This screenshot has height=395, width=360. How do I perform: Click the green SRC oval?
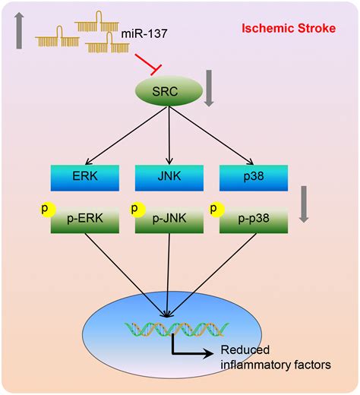(169, 91)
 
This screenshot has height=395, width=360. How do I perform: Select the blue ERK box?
(85, 178)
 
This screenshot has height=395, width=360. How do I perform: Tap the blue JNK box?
(169, 178)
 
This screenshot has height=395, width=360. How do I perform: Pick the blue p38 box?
(254, 178)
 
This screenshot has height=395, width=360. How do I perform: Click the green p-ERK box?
(85, 220)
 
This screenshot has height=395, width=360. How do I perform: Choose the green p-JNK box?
(169, 220)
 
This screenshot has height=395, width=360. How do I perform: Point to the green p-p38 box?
(254, 220)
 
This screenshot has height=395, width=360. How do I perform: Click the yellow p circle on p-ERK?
(48, 210)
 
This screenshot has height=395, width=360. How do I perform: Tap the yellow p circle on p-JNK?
(137, 210)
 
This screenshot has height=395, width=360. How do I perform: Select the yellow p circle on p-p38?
(217, 210)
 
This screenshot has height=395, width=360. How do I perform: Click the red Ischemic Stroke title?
(289, 28)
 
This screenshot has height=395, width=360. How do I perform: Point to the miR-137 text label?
(144, 33)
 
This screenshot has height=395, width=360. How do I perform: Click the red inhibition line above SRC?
(149, 65)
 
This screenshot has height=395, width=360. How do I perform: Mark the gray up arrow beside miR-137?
(19, 30)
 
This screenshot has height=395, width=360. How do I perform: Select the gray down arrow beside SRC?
(209, 88)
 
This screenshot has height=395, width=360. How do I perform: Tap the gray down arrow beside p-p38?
(304, 204)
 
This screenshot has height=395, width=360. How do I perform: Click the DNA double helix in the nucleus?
(177, 329)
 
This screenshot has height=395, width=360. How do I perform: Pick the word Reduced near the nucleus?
(245, 350)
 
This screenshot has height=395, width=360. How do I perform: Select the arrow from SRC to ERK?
(127, 135)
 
